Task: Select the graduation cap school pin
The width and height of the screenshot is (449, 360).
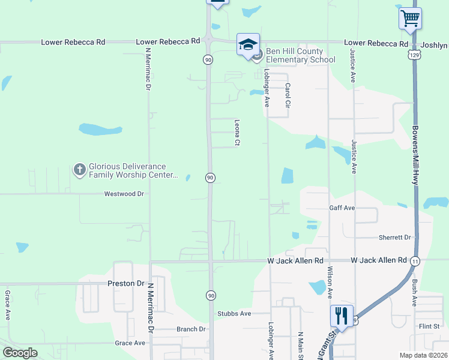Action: [x=248, y=44]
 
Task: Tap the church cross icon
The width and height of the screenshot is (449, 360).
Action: [x=79, y=170]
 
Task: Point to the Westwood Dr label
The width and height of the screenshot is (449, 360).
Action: [x=124, y=194]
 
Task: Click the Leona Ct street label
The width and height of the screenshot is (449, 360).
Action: [x=237, y=132]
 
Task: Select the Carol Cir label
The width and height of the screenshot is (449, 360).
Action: [x=288, y=96]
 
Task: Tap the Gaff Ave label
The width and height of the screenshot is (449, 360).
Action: [x=342, y=208]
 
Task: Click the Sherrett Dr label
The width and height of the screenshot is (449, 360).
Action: [x=394, y=237]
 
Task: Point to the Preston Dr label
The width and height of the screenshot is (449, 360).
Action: [x=127, y=283]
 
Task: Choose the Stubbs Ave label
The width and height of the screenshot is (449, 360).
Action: [x=234, y=313]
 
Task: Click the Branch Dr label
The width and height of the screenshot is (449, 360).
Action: [x=191, y=329]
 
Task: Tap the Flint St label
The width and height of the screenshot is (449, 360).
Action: [x=430, y=326]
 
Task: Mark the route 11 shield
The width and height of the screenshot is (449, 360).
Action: [x=415, y=260]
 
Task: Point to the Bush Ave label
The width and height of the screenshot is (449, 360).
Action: [x=414, y=293]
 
